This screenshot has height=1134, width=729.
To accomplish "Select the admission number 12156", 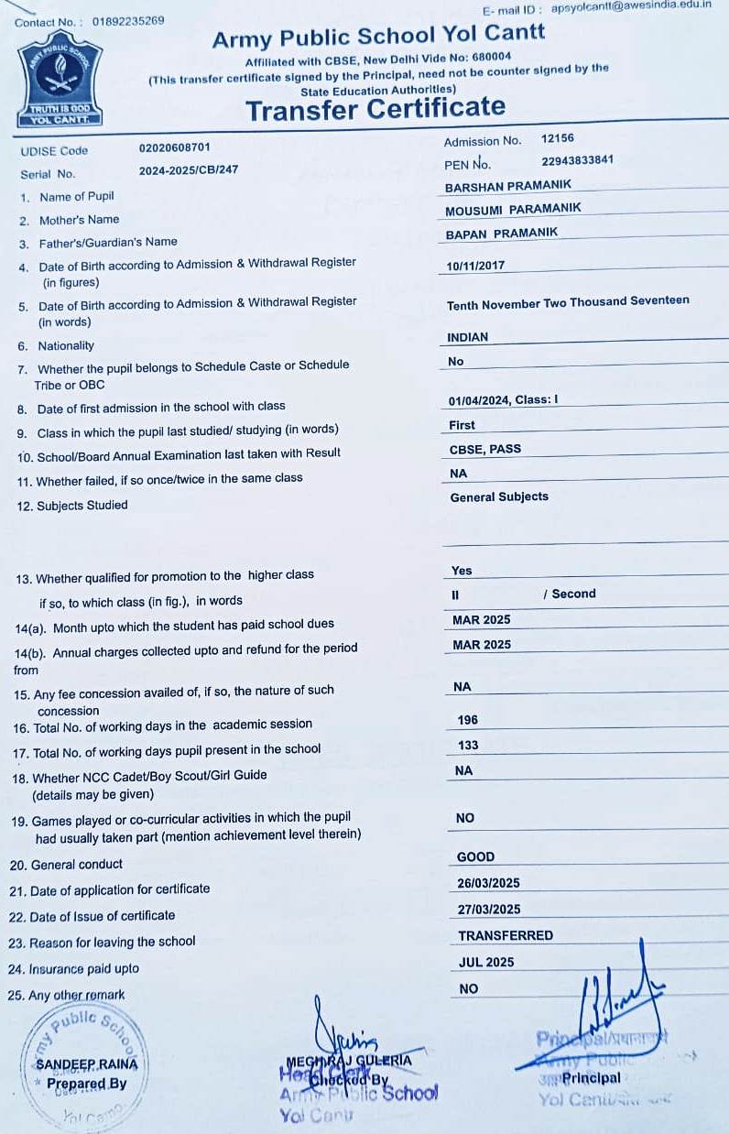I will pyautogui.click(x=558, y=138).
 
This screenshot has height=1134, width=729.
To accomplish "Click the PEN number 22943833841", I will pyautogui.click(x=577, y=160).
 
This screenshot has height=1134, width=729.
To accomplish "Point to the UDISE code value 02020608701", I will pyautogui.click(x=174, y=147).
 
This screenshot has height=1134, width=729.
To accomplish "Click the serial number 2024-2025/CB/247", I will pyautogui.click(x=189, y=170).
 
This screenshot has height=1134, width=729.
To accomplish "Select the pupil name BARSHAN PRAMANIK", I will pyautogui.click(x=507, y=187).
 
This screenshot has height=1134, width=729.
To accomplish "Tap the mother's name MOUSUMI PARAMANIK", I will pyautogui.click(x=513, y=210).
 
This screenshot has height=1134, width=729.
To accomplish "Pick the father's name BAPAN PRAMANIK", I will pyautogui.click(x=501, y=234).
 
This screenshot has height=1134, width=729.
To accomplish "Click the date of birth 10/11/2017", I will pyautogui.click(x=475, y=267).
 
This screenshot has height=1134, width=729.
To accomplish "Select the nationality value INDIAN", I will pyautogui.click(x=467, y=337).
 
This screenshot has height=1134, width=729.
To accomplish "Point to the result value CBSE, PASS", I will pyautogui.click(x=485, y=450).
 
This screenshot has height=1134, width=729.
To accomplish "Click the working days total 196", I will pyautogui.click(x=467, y=720).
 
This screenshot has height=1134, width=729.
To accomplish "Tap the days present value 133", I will pyautogui.click(x=467, y=745).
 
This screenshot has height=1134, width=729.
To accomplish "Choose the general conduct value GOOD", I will pyautogui.click(x=475, y=856).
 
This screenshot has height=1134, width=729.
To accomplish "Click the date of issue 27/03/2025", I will pyautogui.click(x=489, y=909).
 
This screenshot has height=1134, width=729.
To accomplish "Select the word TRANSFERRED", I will pyautogui.click(x=506, y=935).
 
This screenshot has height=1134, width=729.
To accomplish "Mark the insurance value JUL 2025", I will pyautogui.click(x=485, y=962).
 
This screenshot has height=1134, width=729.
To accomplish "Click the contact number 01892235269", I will pyautogui.click(x=128, y=20).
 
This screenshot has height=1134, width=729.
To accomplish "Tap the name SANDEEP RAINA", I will pyautogui.click(x=87, y=1064).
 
